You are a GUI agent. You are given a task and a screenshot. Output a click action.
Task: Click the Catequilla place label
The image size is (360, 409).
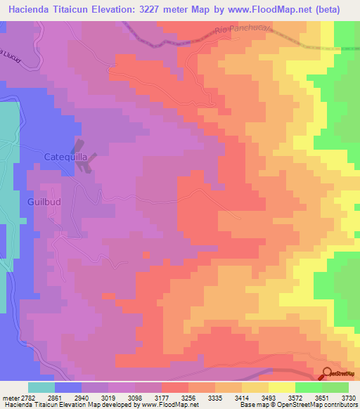[x=66, y=157]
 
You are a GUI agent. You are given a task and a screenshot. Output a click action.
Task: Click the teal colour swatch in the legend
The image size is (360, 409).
[x=41, y=387]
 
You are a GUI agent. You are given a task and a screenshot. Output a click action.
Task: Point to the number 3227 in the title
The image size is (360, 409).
[x=146, y=10]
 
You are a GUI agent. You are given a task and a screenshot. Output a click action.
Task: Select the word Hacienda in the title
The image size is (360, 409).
[x=30, y=10]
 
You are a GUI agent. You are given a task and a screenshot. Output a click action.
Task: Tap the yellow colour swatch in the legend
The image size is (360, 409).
[x=281, y=387]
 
